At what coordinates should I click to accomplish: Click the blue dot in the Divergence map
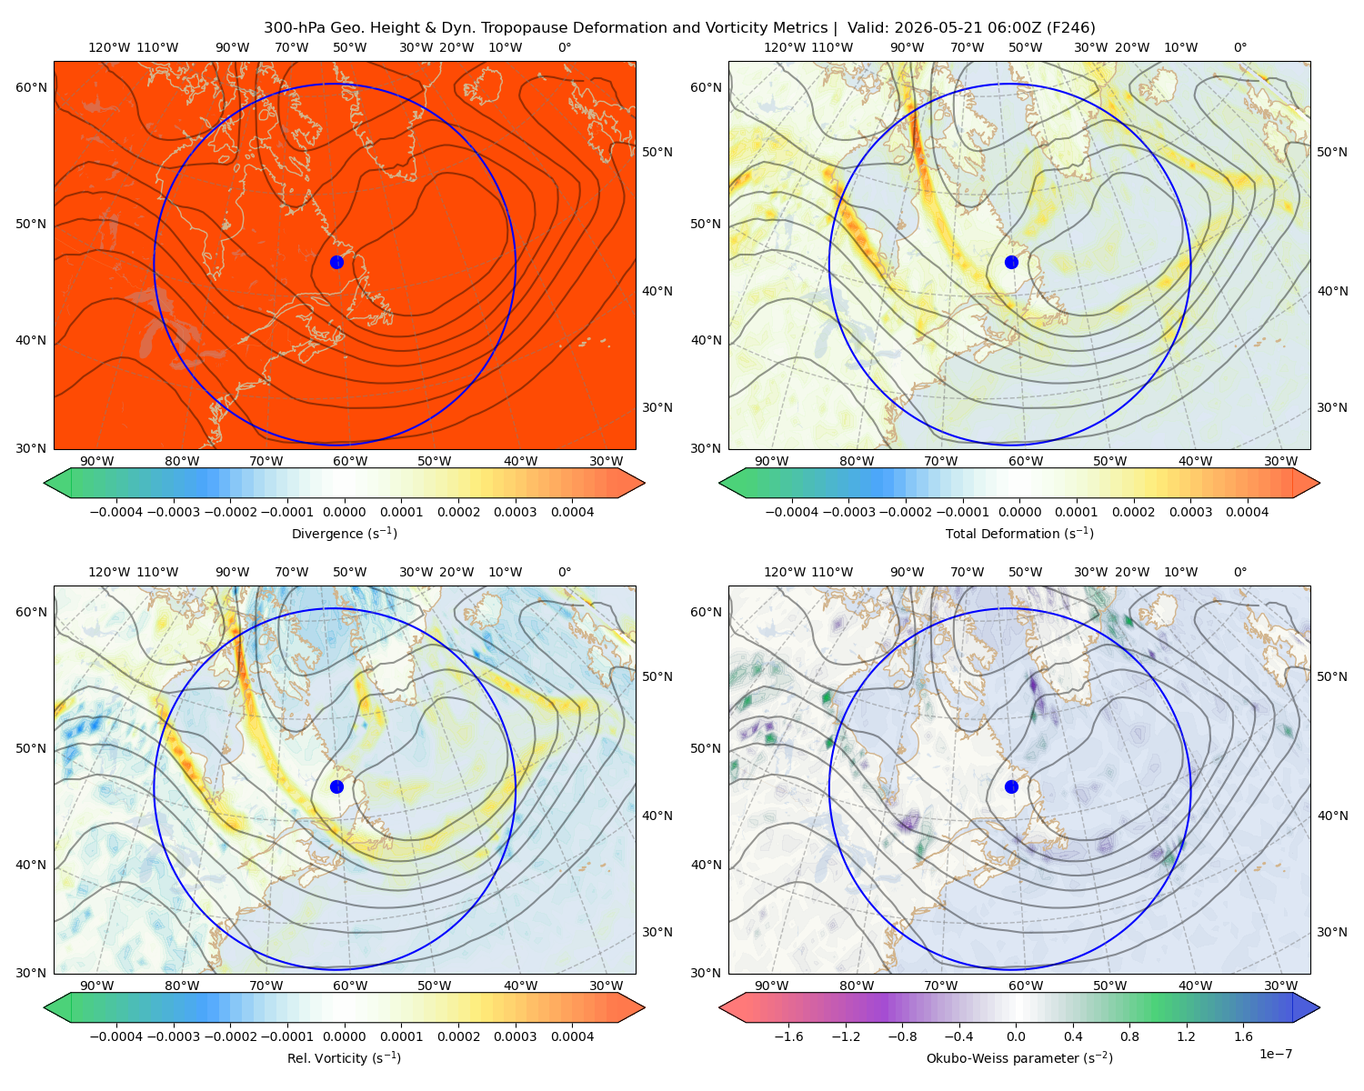click(336, 262)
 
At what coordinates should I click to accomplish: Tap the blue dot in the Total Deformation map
click(1011, 262)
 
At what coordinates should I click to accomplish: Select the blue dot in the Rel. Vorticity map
click(336, 786)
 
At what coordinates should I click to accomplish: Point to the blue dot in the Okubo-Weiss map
click(1011, 786)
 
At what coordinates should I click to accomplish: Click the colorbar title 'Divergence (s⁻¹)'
click(344, 533)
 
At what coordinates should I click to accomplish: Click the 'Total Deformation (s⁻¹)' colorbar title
click(1019, 533)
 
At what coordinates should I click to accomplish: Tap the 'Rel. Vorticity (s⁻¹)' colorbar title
click(344, 1057)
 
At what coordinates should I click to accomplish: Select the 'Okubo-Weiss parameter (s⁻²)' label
click(1019, 1057)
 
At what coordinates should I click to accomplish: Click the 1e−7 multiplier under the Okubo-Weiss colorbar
click(1275, 1054)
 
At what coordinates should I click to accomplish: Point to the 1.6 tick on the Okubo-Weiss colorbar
click(1243, 1036)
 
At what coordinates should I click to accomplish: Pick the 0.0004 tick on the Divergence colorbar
click(572, 512)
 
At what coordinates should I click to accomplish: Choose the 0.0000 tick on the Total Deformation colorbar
click(1019, 512)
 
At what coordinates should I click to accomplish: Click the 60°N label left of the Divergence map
click(31, 87)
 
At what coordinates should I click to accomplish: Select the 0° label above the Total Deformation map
click(1239, 47)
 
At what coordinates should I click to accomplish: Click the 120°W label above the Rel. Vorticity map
click(109, 571)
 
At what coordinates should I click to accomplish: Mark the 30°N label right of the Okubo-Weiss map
click(1332, 931)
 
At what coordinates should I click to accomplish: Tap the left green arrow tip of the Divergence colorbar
click(45, 483)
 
